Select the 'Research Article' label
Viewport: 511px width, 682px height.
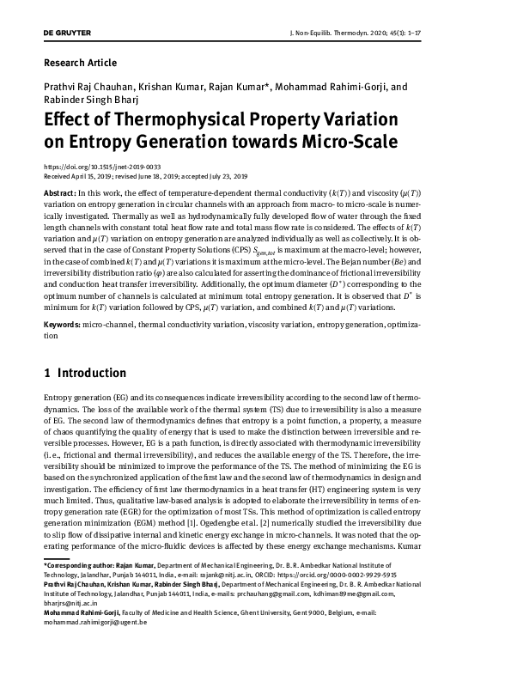pyautogui.click(x=79, y=63)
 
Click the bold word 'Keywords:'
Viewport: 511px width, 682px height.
pyautogui.click(x=61, y=326)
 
